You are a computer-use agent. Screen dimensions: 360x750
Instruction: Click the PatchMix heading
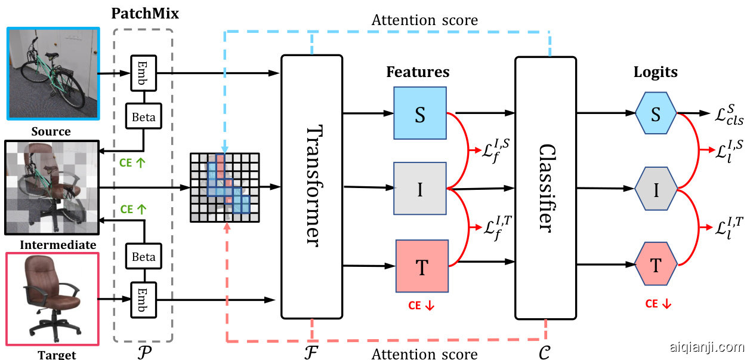pyautogui.click(x=145, y=13)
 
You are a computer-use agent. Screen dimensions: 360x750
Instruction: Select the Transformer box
pyautogui.click(x=311, y=186)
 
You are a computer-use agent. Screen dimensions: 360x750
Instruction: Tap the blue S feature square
pyautogui.click(x=419, y=114)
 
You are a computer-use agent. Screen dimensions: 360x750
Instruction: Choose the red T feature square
pyautogui.click(x=421, y=266)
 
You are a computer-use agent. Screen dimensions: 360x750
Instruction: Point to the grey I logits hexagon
pyautogui.click(x=656, y=189)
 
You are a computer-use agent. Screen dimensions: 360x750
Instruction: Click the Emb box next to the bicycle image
pyautogui.click(x=142, y=72)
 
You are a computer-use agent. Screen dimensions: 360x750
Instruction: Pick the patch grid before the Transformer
pyautogui.click(x=226, y=188)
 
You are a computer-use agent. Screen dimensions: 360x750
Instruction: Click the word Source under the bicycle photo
pyautogui.click(x=51, y=131)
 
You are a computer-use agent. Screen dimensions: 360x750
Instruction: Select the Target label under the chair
pyautogui.click(x=57, y=355)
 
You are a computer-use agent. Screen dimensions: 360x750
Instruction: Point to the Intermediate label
pyautogui.click(x=58, y=245)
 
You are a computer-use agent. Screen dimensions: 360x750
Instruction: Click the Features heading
pyautogui.click(x=418, y=72)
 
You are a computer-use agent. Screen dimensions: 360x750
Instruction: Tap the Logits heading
pyautogui.click(x=655, y=72)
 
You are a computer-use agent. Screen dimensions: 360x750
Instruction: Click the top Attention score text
pyautogui.click(x=424, y=20)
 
